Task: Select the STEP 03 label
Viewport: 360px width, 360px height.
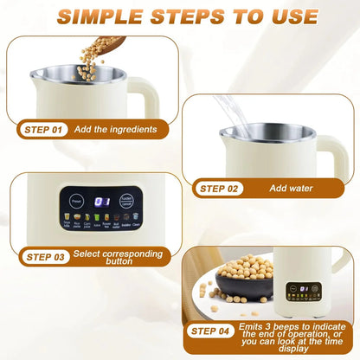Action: click(x=45, y=256)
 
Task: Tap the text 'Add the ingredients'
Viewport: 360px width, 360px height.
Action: click(x=115, y=130)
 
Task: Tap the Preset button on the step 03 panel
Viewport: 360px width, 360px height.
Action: click(x=77, y=202)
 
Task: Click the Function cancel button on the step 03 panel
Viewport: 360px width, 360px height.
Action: click(x=128, y=202)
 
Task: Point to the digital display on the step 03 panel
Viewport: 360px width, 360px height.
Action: click(x=102, y=202)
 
